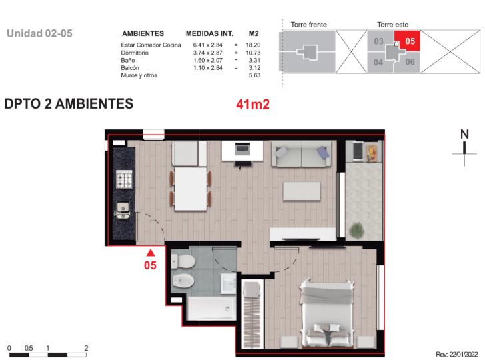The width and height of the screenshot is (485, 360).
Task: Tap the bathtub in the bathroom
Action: point(212,308)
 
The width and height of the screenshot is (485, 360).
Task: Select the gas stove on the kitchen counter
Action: point(124,179)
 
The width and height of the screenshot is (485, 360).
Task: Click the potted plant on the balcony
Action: point(356,230)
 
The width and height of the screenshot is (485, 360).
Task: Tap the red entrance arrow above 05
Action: point(151,253)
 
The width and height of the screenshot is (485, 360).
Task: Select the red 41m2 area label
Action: point(252,104)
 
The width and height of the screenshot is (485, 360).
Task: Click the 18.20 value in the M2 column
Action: point(253,45)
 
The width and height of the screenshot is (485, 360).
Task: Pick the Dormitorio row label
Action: point(135,53)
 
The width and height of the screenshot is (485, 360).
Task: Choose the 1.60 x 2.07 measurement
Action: point(208,60)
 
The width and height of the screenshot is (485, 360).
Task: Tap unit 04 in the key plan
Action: point(378,62)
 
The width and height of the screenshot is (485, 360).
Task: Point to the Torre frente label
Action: point(308,25)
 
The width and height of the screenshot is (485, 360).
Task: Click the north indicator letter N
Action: point(464,134)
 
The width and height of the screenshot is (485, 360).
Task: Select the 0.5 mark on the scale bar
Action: point(29,348)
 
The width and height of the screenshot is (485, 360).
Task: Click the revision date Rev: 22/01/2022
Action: point(457,354)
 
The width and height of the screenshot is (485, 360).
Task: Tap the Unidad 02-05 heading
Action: point(39,33)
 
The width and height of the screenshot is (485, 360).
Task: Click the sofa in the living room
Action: point(301,153)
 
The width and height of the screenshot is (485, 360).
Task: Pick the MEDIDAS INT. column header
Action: point(209,34)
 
